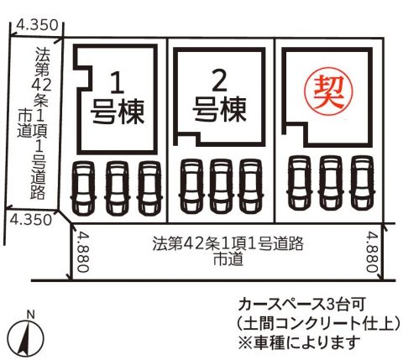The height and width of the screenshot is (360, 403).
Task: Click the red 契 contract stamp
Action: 328,92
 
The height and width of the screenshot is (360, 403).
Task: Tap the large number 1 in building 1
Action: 118,82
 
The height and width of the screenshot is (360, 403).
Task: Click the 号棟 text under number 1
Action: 118,112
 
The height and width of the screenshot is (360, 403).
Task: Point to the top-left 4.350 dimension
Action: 37,25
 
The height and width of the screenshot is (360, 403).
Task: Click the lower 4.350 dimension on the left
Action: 31,220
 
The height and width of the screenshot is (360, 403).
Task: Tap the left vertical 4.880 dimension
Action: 83,252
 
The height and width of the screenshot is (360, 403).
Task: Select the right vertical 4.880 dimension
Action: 373,252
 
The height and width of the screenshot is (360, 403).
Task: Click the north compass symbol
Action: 26,339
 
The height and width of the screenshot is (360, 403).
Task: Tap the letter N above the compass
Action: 30,315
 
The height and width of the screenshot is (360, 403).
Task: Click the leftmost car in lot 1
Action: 83,188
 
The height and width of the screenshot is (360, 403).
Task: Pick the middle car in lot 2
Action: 221,186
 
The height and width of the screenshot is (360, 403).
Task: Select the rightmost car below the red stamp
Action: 362,183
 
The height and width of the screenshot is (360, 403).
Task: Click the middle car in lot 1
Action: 117,188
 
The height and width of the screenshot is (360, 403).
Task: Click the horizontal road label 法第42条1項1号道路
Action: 228,244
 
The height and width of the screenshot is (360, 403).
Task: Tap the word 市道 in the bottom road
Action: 228,259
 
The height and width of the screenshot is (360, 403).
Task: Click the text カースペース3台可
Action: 301,305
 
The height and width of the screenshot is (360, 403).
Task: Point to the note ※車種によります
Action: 299,342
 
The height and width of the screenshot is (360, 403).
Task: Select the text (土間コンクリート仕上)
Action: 318,323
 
